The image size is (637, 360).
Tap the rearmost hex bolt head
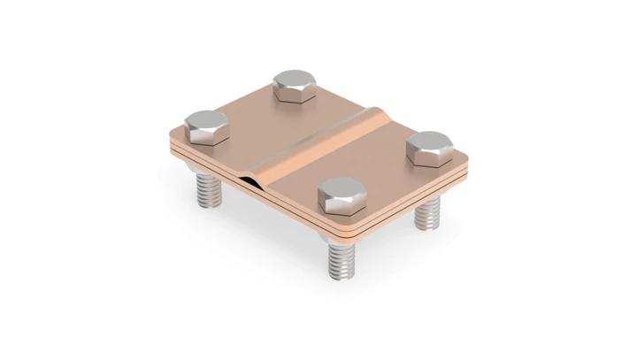tap(297, 85)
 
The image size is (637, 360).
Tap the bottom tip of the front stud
tap(343, 278)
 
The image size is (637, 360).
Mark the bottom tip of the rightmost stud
tap(427, 226)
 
